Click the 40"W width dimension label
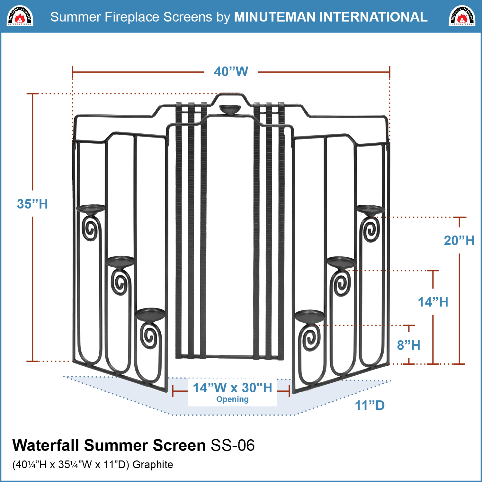(231, 72)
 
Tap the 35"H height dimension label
(32, 204)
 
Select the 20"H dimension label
(459, 241)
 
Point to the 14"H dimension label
(433, 302)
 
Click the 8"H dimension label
(408, 345)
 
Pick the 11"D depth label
(370, 406)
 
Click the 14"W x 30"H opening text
(232, 388)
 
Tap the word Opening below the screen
(232, 399)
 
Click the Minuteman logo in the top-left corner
(20, 16)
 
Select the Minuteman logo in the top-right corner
(462, 16)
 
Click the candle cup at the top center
(230, 110)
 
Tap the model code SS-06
(233, 445)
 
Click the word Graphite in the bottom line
(153, 465)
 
